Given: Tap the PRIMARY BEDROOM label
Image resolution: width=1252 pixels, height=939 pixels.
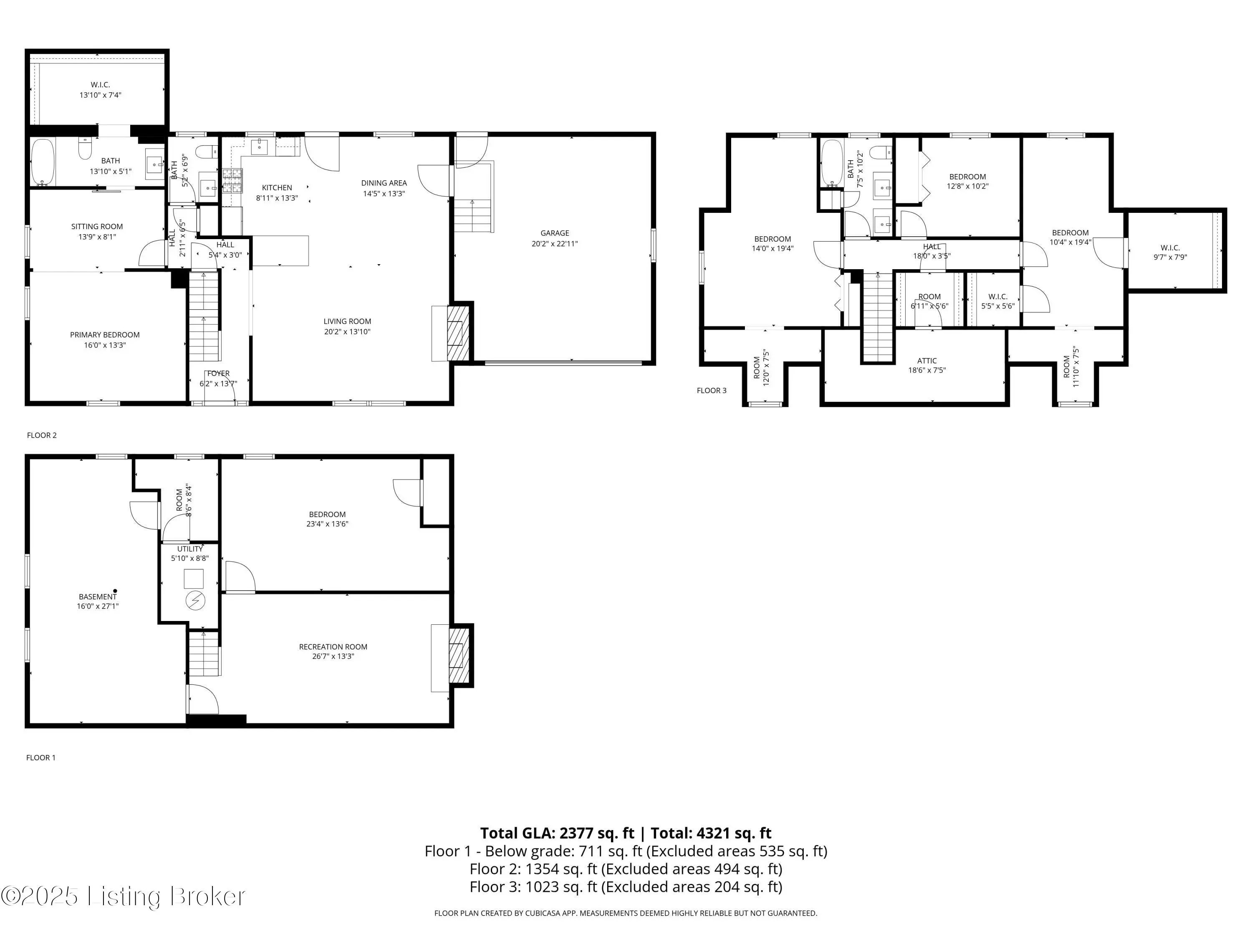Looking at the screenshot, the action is [105, 335].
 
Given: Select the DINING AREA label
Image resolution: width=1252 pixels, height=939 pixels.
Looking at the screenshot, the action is [384, 183].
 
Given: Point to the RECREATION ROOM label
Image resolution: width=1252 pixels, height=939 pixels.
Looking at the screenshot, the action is [333, 647].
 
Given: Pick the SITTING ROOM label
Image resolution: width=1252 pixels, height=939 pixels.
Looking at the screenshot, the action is [97, 226].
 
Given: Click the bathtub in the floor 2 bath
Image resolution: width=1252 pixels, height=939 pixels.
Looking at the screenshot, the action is [43, 162].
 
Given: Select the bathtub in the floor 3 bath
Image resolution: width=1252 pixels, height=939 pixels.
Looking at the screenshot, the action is [831, 164].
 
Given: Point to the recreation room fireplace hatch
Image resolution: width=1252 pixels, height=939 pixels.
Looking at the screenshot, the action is [459, 656].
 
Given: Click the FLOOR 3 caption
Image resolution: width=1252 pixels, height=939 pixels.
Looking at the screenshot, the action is [712, 391].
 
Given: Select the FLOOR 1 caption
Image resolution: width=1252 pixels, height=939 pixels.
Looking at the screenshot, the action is [41, 757].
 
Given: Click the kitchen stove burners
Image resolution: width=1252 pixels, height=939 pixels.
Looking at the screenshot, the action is [232, 181].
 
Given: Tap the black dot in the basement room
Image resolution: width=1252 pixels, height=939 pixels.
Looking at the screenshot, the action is [116, 591].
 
